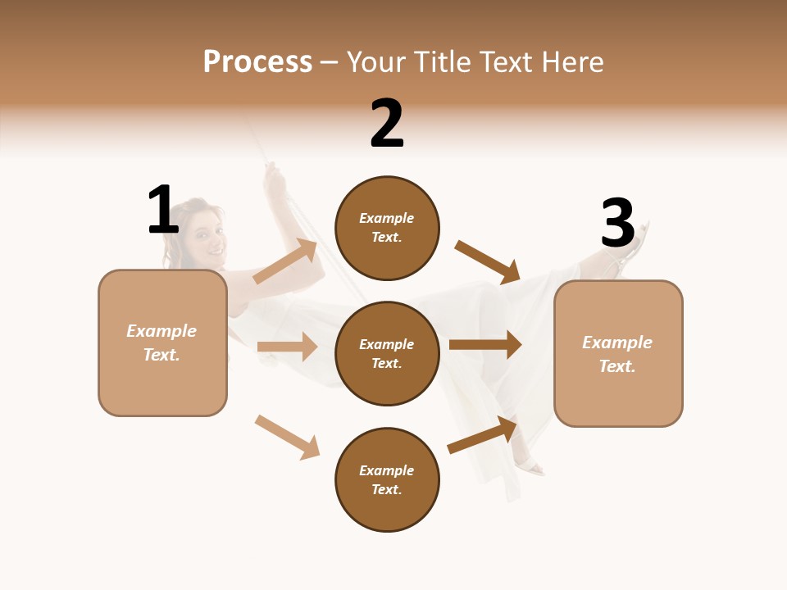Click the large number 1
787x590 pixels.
tap(163, 211)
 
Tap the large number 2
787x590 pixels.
tap(387, 124)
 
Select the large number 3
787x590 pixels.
tap(617, 223)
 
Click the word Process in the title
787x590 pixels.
tap(257, 62)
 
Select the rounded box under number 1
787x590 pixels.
tap(162, 343)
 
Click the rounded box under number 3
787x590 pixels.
tap(618, 353)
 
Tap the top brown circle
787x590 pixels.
tap(387, 228)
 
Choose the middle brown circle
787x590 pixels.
tap(387, 353)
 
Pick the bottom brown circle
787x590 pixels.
tap(387, 479)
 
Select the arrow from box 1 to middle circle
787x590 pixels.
tap(288, 347)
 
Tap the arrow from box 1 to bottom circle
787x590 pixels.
tap(288, 437)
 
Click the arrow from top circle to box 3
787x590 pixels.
tap(488, 262)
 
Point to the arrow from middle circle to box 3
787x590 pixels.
tap(485, 344)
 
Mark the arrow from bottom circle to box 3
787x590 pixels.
tap(483, 434)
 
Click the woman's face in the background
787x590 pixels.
tap(205, 234)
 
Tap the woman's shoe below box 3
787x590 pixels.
tap(530, 465)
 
